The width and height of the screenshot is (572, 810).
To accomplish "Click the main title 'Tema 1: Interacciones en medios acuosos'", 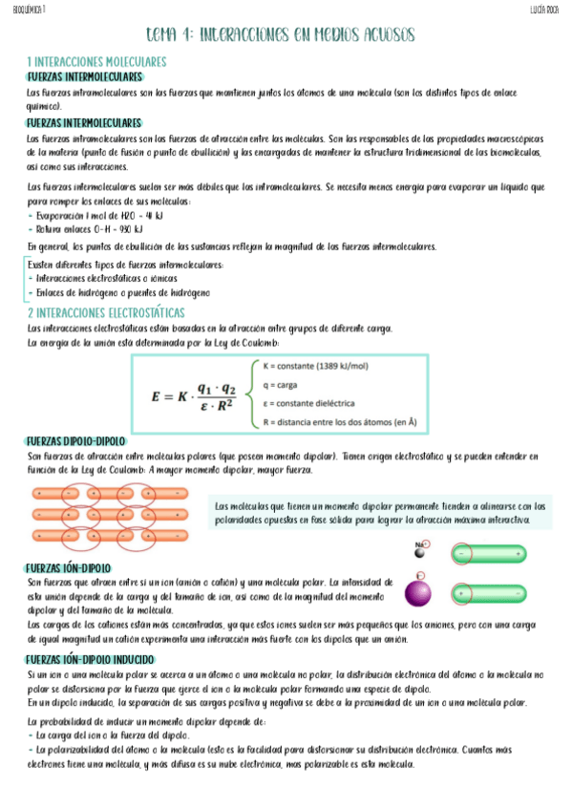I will click(280, 35).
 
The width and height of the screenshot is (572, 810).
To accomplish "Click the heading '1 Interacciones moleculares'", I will click(97, 61).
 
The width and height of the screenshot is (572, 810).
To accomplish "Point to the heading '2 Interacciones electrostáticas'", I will click(105, 312).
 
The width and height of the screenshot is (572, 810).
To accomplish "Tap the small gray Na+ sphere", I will click(421, 552).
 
